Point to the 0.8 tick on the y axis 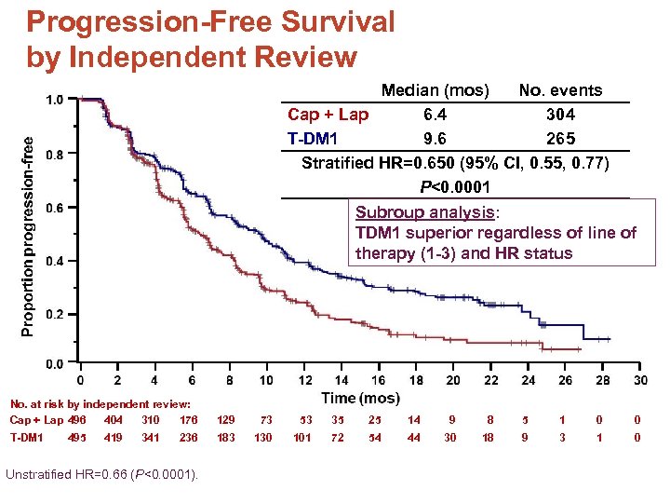click(x=55, y=155)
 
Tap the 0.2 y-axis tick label click(x=55, y=315)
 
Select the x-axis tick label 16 click(x=378, y=380)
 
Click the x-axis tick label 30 click(x=640, y=380)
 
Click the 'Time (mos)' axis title click(x=359, y=399)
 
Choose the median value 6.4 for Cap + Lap click(x=435, y=115)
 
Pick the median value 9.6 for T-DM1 click(x=435, y=139)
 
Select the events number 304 click(x=560, y=115)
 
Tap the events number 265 click(x=560, y=139)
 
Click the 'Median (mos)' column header click(x=435, y=90)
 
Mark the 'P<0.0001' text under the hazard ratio click(x=455, y=187)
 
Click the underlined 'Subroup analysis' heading click(x=427, y=211)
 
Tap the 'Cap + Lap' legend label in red click(x=328, y=115)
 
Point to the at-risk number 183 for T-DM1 click(x=227, y=437)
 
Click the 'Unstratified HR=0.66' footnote click(x=102, y=475)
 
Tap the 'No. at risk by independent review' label click(x=100, y=404)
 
